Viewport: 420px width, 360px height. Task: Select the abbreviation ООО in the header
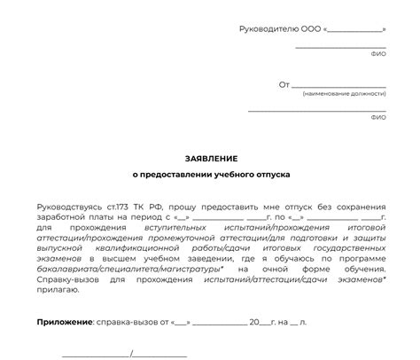310,29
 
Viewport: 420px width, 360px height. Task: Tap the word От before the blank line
284,85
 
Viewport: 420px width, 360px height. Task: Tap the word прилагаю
56,297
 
